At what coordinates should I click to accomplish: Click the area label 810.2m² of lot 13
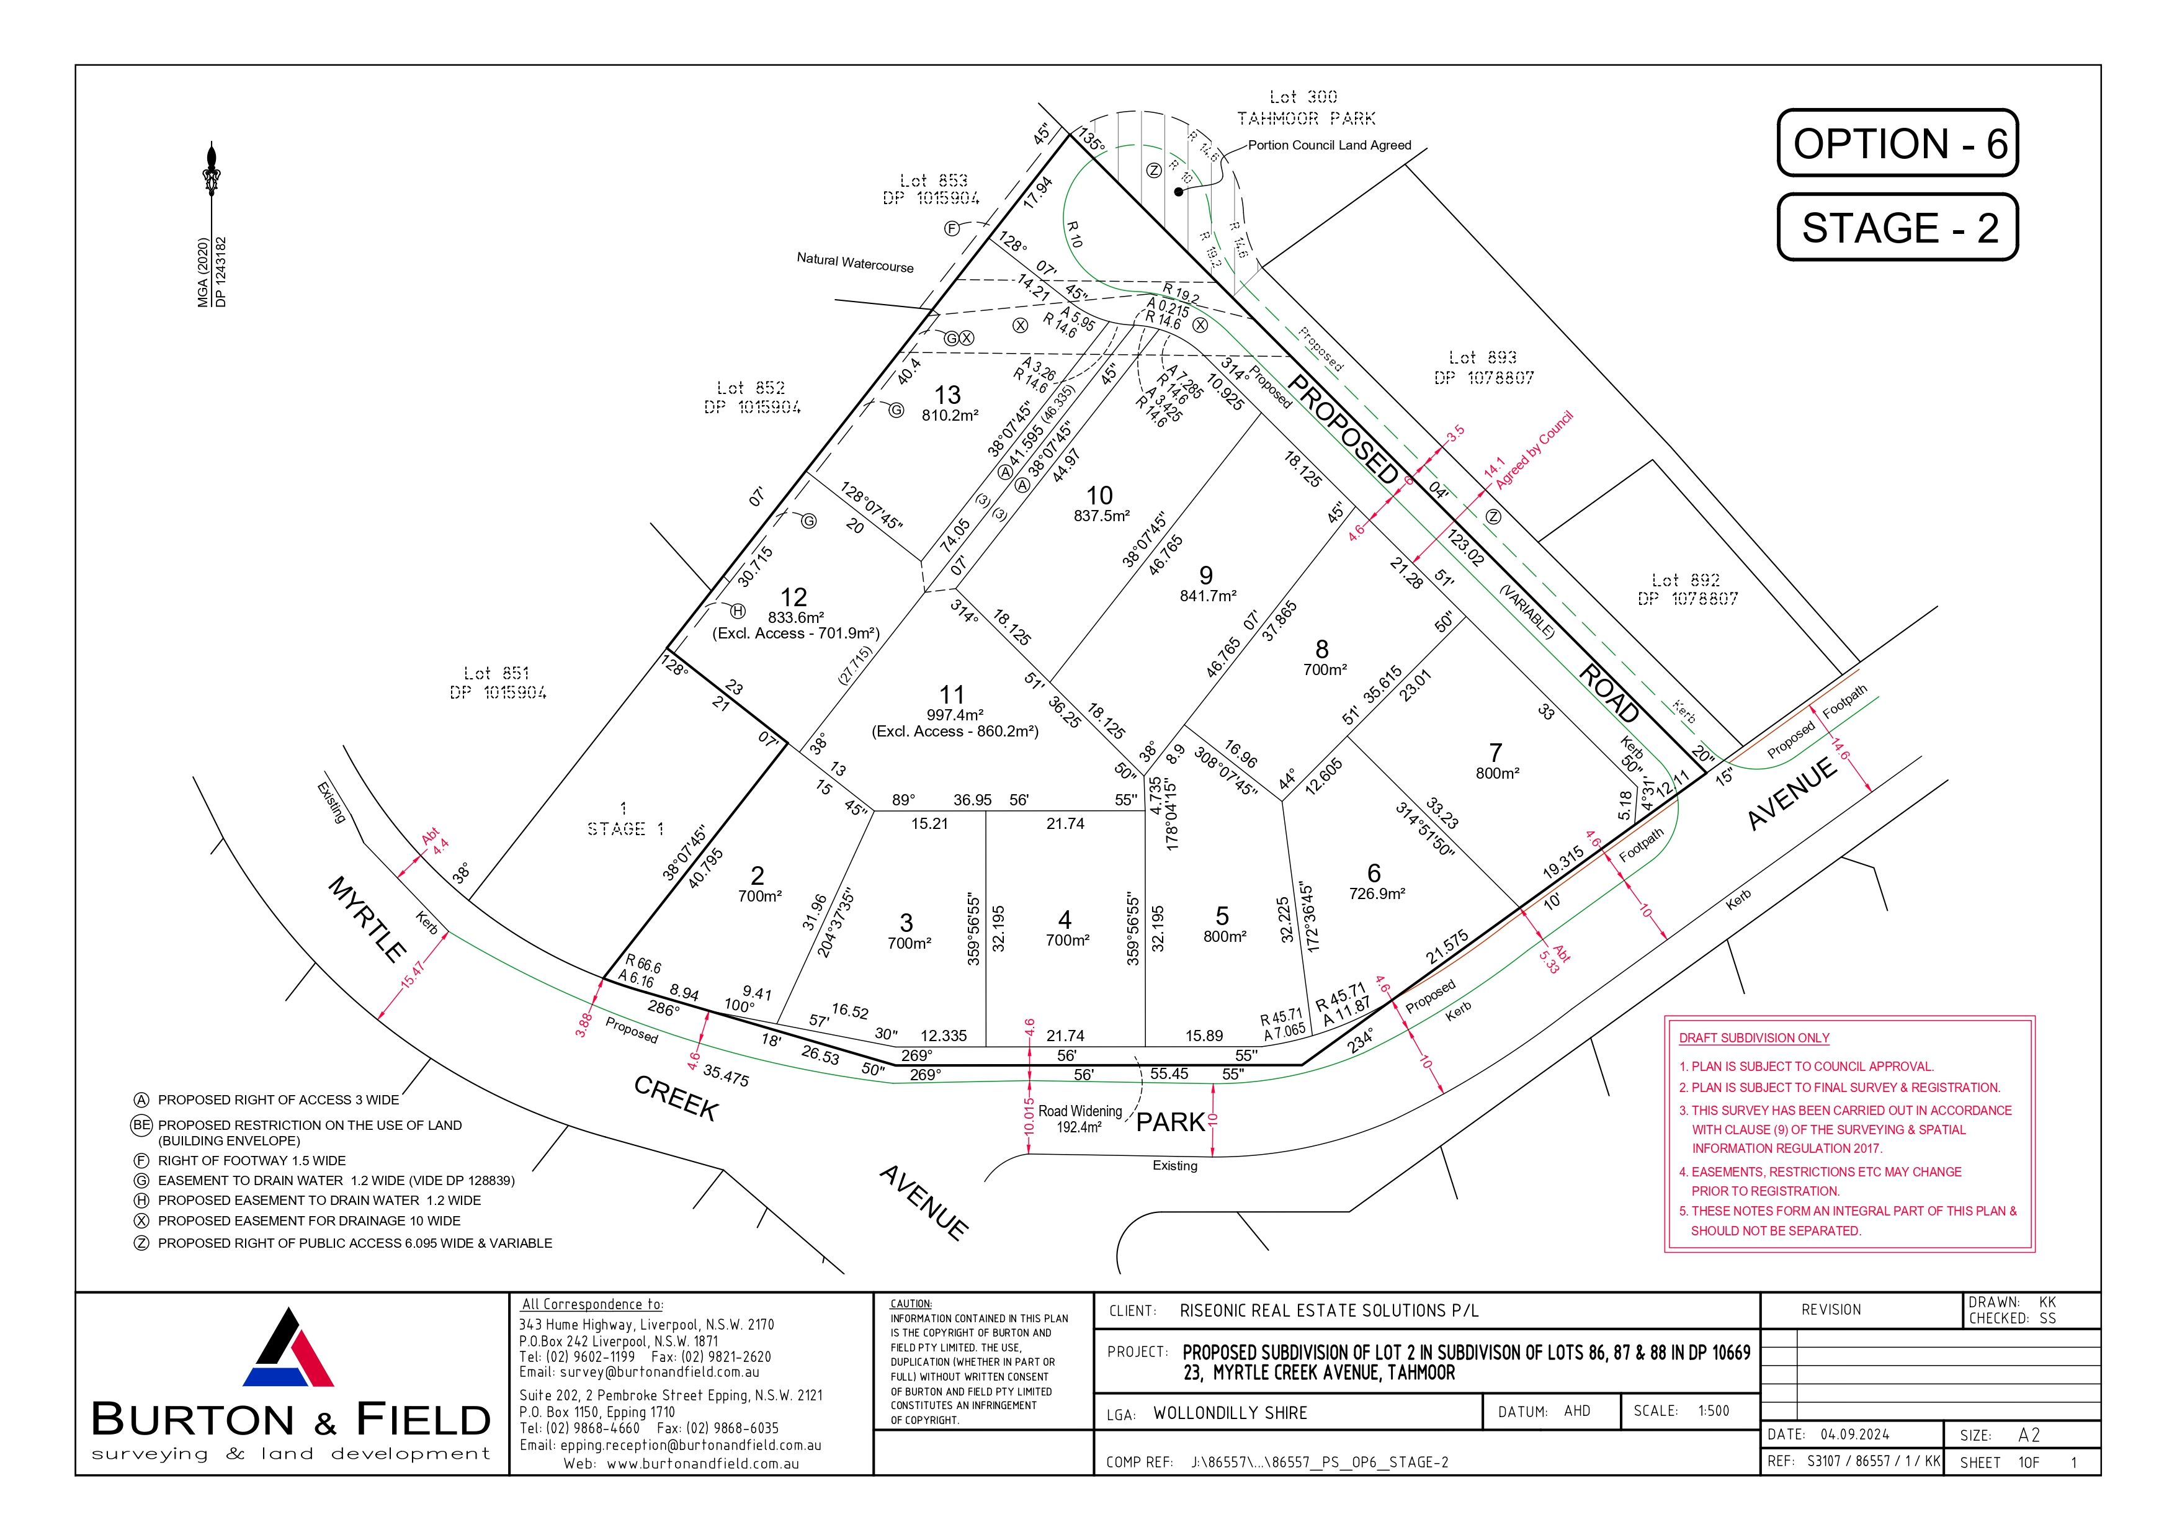(949, 415)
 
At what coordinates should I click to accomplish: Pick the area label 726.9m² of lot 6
(1377, 893)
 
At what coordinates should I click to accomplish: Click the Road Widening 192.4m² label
(1080, 1119)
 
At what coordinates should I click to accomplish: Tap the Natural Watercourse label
(856, 262)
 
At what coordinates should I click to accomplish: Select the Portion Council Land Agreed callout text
(1330, 145)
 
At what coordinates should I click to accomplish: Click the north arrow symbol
(210, 171)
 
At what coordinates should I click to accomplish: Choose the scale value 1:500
(1714, 1411)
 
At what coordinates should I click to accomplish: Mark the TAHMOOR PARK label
(1305, 119)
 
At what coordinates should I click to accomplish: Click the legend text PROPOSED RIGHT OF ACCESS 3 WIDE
(279, 1100)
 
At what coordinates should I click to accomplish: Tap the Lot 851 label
(497, 673)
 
